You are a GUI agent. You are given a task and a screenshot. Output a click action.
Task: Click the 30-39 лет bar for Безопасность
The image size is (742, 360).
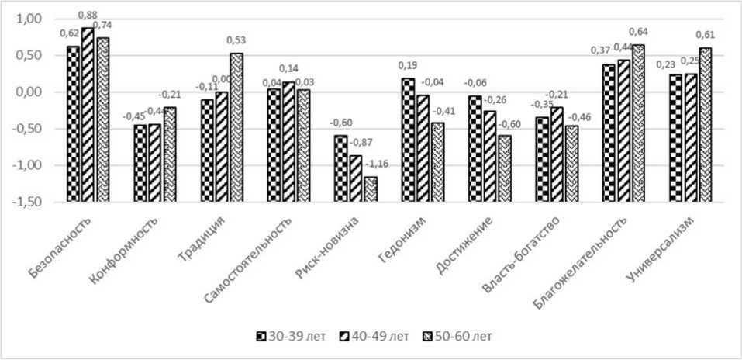coord(73,69)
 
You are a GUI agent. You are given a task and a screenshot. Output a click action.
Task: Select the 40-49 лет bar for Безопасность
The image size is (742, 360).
coord(88,60)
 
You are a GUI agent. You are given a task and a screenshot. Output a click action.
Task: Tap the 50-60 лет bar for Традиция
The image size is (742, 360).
coord(236,73)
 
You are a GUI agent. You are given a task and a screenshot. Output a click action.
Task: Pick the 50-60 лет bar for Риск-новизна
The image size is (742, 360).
coord(370,189)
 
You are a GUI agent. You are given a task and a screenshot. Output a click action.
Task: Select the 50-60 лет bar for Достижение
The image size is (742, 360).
coord(504,114)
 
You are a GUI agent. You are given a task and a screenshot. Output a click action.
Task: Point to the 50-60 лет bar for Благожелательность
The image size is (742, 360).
coord(638,68)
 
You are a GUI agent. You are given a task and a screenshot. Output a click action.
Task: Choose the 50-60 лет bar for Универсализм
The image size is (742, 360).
coord(705,70)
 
